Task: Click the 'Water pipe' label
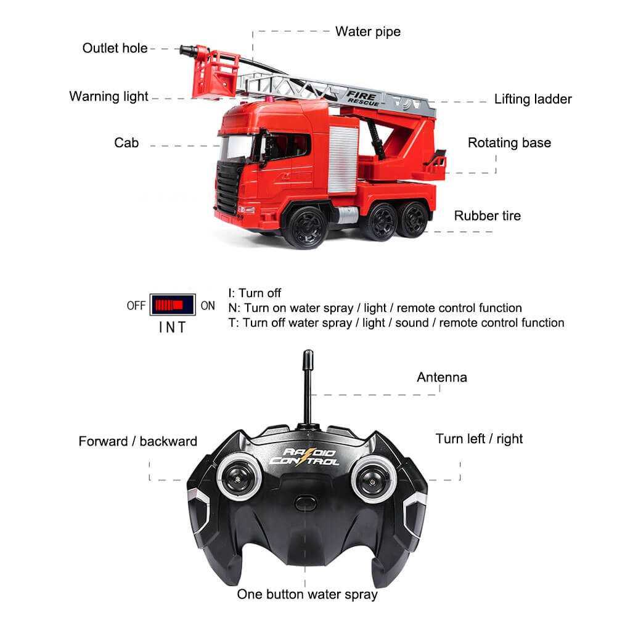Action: tap(367, 31)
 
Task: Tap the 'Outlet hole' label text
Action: tap(115, 48)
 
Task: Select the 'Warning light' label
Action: tap(108, 97)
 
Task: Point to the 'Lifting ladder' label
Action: tap(533, 99)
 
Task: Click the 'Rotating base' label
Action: tap(509, 143)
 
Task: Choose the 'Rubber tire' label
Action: tap(487, 216)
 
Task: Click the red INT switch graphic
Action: tap(172, 305)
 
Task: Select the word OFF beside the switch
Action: tap(136, 306)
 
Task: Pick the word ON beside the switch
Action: tap(208, 306)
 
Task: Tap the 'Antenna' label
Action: tap(441, 377)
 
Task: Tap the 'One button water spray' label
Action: tap(307, 595)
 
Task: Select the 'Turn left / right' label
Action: tap(478, 439)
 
